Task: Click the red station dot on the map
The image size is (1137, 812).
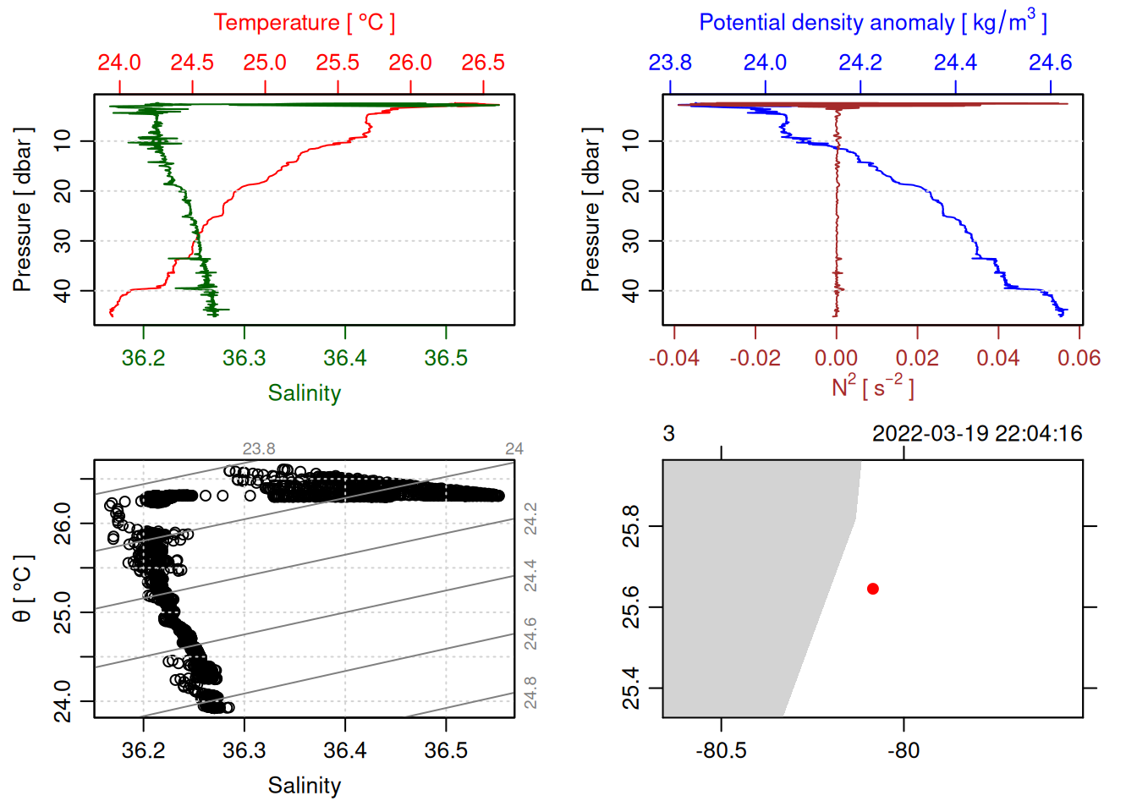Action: [x=872, y=589]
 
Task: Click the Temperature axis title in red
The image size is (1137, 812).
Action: [x=304, y=23]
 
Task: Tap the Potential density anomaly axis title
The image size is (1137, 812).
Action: [x=872, y=23]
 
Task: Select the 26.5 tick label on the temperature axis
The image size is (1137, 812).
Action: [x=483, y=63]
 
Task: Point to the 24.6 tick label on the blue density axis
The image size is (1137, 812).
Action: [x=1050, y=63]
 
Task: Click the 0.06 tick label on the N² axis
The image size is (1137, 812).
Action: [x=1079, y=359]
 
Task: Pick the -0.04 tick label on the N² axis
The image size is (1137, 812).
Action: [x=673, y=359]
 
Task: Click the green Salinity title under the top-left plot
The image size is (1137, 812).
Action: [x=304, y=393]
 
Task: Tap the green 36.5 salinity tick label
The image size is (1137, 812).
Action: [x=446, y=359]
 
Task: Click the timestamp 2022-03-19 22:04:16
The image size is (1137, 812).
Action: [x=977, y=434]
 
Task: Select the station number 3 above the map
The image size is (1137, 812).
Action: [x=668, y=434]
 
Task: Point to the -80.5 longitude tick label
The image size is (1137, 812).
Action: [x=721, y=751]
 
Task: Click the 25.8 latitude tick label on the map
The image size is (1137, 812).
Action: [x=631, y=526]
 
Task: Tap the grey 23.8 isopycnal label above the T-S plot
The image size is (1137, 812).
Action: [x=259, y=449]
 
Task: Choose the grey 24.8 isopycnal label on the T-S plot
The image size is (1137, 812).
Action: [x=530, y=692]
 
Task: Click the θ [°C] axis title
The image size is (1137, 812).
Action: [x=23, y=589]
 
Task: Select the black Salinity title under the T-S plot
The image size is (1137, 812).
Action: [x=304, y=786]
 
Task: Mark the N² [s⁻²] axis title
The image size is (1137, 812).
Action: [x=872, y=387]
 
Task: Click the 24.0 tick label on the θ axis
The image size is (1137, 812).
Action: [x=63, y=701]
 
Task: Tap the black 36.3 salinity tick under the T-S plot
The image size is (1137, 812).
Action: [x=244, y=751]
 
